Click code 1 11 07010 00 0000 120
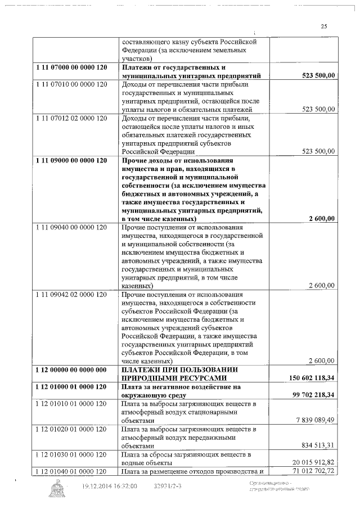(70, 84)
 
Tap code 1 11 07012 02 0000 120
(70, 119)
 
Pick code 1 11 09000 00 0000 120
(70, 160)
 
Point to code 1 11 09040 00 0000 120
(70, 227)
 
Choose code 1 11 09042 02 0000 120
(70, 294)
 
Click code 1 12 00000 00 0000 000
(70, 369)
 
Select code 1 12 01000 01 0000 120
(70, 387)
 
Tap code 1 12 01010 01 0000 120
(70, 404)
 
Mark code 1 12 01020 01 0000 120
(70, 429)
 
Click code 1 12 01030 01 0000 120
(70, 453)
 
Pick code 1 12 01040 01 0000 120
(70, 470)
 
